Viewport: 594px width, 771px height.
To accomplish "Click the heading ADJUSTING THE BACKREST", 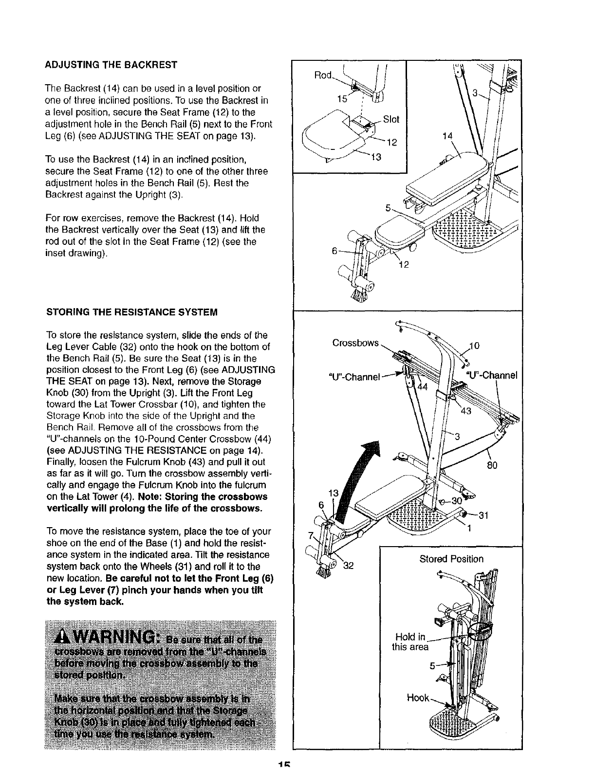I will coord(111,65).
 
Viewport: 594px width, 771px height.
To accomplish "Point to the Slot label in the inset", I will coord(391,119).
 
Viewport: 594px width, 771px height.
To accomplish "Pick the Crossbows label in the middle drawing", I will coord(355,343).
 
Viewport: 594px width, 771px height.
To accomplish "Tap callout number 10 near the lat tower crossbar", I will coord(476,346).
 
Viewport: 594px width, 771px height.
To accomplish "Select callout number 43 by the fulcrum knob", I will coord(466,411).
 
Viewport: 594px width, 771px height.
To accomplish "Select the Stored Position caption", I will coord(451,559).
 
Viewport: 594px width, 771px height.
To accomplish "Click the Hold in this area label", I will coord(410,642).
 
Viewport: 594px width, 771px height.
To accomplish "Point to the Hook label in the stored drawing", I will coord(418,698).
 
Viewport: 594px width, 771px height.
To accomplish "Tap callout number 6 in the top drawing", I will coord(334,251).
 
